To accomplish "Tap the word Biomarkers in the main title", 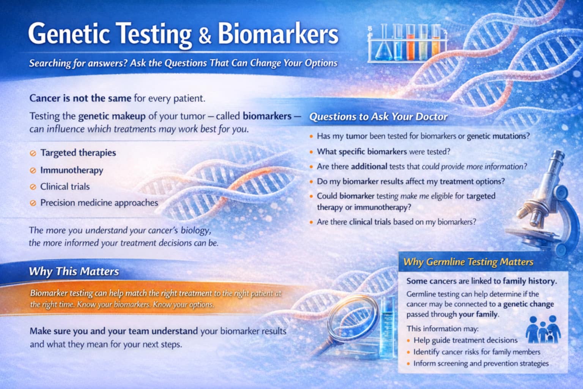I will pos(278,34).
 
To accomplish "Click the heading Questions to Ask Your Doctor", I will pos(378,117).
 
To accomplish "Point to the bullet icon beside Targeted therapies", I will pos(33,153).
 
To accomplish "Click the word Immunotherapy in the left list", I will pos(72,170).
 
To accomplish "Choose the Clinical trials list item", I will pos(65,187).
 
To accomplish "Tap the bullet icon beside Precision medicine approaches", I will pos(33,203).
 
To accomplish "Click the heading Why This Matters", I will pos(74,271).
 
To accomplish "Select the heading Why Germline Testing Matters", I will pos(468,262).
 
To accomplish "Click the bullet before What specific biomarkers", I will pos(311,152).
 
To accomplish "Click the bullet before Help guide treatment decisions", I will pos(408,341).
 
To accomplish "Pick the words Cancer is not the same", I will pos(80,98).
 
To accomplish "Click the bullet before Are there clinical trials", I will pos(311,222).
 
